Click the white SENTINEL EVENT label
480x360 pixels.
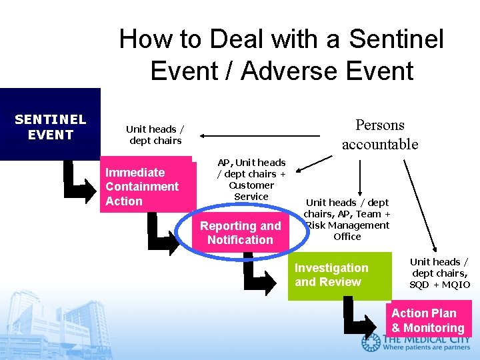(x=50, y=127)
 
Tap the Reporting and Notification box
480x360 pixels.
(x=240, y=233)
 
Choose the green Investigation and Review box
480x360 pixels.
(x=339, y=275)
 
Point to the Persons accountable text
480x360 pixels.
(x=379, y=134)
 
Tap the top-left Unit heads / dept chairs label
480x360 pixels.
(x=155, y=135)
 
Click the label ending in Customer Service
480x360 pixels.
(x=251, y=179)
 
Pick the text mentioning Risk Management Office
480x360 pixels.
(x=347, y=219)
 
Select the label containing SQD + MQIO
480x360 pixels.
(x=439, y=273)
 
